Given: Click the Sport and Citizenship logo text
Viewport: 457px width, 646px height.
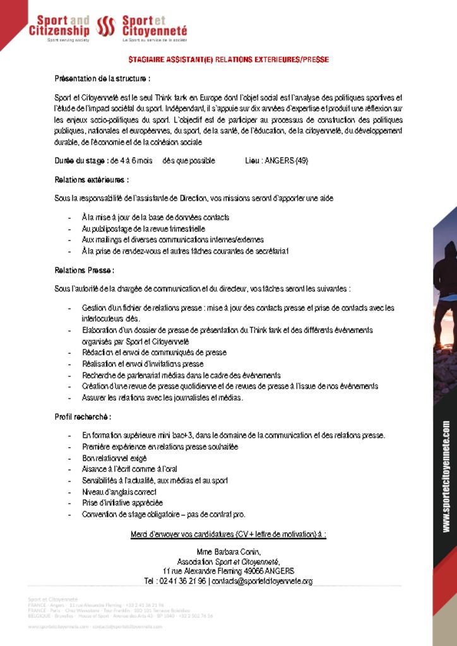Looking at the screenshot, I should [59, 26].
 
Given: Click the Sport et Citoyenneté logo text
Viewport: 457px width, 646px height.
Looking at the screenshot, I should [154, 26].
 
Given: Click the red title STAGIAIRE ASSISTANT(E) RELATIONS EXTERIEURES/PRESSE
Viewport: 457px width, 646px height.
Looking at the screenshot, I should [228, 60].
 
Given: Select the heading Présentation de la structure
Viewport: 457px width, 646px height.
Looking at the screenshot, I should [102, 79].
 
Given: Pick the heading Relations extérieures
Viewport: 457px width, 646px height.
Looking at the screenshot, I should [92, 180].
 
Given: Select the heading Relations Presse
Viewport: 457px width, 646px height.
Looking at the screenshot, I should [85, 271].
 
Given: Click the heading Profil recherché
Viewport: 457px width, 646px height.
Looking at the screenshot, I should [83, 417].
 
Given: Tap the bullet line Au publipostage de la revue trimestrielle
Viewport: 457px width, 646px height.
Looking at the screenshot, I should [143, 229].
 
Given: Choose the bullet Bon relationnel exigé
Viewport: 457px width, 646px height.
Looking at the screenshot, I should [114, 458].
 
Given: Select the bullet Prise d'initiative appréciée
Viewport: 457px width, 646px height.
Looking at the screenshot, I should [122, 503].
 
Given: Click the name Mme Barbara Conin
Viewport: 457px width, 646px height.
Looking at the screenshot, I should [228, 551].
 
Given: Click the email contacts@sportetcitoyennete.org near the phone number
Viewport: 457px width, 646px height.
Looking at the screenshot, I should [263, 581].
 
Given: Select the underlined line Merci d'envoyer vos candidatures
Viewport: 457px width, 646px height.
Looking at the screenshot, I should [228, 534].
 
